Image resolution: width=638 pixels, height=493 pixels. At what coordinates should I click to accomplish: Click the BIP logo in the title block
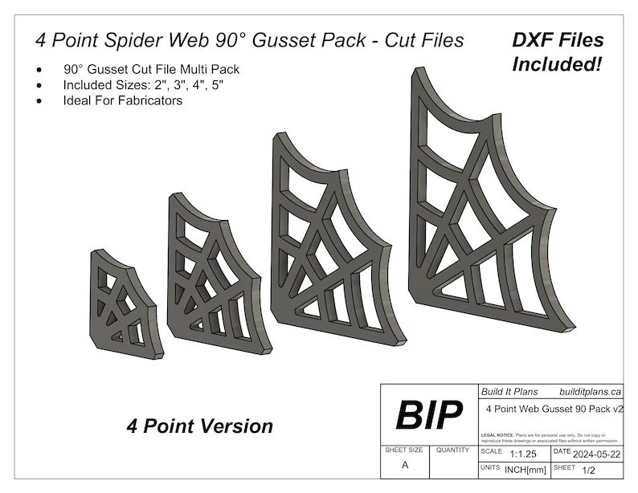(x=429, y=415)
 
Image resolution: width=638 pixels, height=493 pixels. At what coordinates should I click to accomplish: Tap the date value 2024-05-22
(x=598, y=454)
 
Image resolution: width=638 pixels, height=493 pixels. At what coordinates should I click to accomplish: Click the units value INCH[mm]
(x=526, y=470)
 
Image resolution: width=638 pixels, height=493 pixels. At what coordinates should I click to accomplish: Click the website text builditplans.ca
(x=591, y=392)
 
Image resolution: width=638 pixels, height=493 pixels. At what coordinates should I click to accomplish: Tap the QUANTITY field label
(x=452, y=451)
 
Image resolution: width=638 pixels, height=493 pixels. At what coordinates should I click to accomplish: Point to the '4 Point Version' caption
(x=199, y=426)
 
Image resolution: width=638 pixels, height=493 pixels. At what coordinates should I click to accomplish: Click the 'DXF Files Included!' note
(x=558, y=51)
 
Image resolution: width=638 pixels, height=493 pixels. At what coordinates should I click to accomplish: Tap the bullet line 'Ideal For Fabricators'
(x=123, y=100)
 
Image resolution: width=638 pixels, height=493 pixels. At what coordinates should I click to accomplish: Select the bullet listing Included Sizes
(x=144, y=84)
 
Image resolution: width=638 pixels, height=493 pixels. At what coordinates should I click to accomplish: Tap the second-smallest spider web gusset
(x=212, y=277)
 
